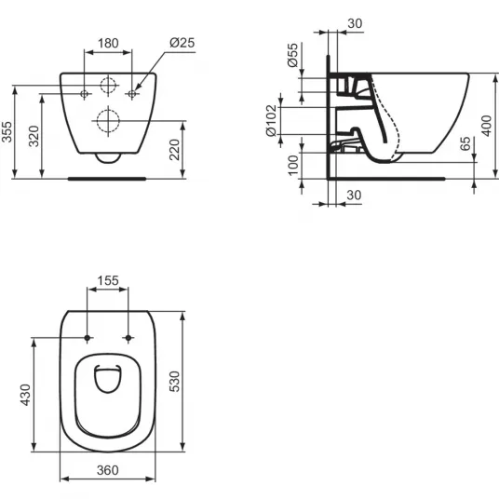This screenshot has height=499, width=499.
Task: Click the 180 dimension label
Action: [x=108, y=43]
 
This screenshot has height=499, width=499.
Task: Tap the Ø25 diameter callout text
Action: [x=182, y=43]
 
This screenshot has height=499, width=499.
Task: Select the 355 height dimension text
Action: [x=7, y=132]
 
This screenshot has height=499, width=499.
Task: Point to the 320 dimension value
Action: [x=34, y=136]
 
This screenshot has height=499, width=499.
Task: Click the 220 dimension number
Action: [x=174, y=150]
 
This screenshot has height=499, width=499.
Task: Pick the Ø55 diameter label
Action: [x=292, y=55]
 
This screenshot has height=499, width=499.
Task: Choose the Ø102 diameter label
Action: [x=272, y=121]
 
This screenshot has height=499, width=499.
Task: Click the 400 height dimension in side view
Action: [x=487, y=126]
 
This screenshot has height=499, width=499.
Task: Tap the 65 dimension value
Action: [x=465, y=143]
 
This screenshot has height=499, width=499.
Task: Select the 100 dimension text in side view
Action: [x=293, y=165]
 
